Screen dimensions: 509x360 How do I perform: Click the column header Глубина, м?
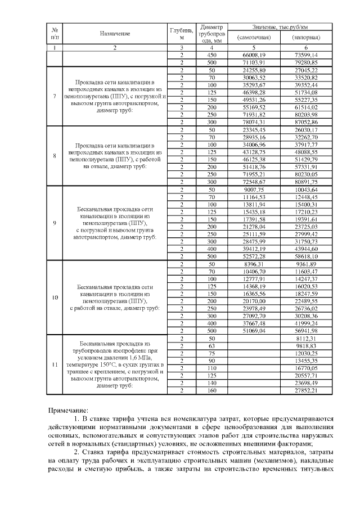pos(182,34)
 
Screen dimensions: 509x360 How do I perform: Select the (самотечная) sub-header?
pos(254,38)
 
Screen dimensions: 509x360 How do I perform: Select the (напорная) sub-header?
pos(306,38)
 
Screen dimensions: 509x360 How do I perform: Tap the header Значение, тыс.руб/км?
pos(280,28)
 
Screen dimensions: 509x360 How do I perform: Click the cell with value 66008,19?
pos(254,55)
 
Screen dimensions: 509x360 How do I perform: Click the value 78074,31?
pos(254,121)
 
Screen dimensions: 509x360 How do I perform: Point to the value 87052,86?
pos(306,121)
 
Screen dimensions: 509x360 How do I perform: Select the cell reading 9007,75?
pos(254,190)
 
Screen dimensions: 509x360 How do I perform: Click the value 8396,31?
pos(254,263)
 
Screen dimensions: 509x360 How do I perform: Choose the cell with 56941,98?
pos(306,330)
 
